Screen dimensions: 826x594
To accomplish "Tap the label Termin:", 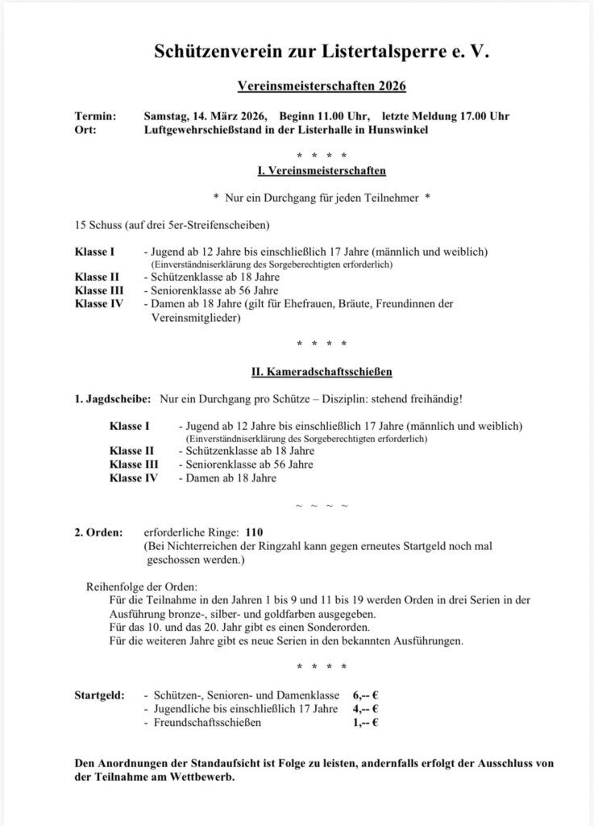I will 95,116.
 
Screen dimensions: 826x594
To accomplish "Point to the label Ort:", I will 85,130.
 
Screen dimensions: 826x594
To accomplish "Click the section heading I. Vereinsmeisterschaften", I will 321,171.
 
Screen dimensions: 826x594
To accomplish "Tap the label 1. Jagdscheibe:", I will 113,400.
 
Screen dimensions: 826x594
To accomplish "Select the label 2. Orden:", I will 98,533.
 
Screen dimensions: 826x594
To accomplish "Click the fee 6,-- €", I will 365,694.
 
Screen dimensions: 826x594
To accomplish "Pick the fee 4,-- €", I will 365,708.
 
